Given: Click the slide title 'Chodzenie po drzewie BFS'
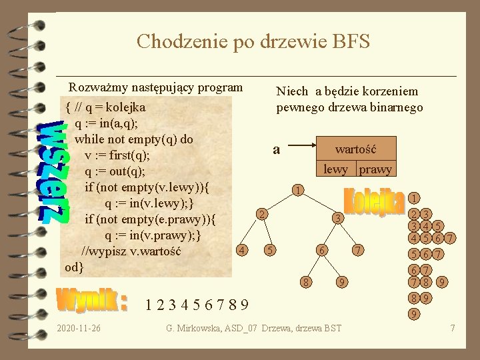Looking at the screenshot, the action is pyautogui.click(x=253, y=41).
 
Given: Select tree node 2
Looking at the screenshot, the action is pyautogui.click(x=263, y=215).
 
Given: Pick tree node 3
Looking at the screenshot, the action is pyautogui.click(x=338, y=218).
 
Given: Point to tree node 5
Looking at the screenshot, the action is pyautogui.click(x=269, y=250).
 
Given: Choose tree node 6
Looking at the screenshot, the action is pyautogui.click(x=321, y=250).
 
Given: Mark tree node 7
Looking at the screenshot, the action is pyautogui.click(x=358, y=250).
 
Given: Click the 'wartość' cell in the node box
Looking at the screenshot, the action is pyautogui.click(x=355, y=149).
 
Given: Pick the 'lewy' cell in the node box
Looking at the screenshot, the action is pyautogui.click(x=335, y=169).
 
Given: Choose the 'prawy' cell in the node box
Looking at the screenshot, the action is pyautogui.click(x=375, y=169).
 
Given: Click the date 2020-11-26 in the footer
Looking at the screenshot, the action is pyautogui.click(x=79, y=328).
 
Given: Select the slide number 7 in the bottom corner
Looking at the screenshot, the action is pyautogui.click(x=453, y=328).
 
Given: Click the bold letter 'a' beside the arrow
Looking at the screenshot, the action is pyautogui.click(x=276, y=150).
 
